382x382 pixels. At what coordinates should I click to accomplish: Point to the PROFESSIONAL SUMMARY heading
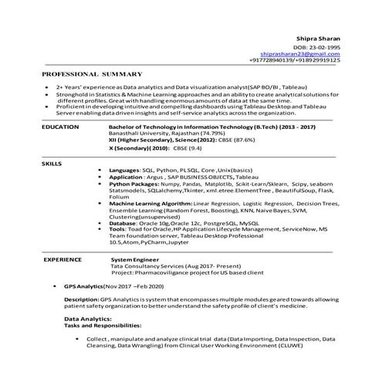click(92, 73)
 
